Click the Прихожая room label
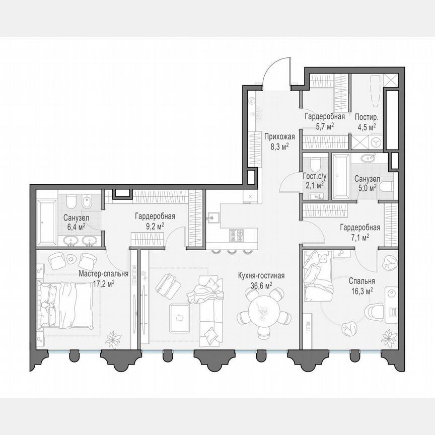pyautogui.click(x=279, y=135)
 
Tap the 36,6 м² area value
pyautogui.click(x=261, y=285)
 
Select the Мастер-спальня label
pyautogui.click(x=103, y=274)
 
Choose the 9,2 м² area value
pyautogui.click(x=155, y=226)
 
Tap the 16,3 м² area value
pyautogui.click(x=361, y=291)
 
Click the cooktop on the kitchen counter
pyautogui.click(x=237, y=235)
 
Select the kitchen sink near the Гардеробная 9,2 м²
pyautogui.click(x=213, y=217)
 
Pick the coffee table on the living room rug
pyautogui.click(x=179, y=317)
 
